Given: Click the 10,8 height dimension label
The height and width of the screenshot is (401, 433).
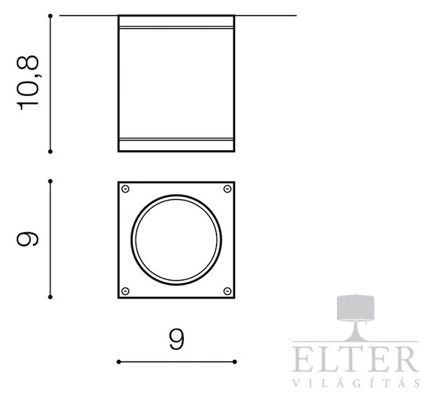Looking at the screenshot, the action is click(28, 83).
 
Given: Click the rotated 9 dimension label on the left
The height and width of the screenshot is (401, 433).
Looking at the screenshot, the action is click(27, 239).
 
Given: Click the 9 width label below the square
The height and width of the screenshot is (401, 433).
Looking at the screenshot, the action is click(176, 340).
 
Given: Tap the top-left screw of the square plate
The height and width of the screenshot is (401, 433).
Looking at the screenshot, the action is click(126, 189).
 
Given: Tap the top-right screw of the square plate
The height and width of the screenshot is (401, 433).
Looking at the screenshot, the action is click(227, 189).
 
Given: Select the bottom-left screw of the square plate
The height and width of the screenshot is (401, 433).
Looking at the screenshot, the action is click(126, 291).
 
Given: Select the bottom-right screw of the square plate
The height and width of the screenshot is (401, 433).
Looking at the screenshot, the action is click(227, 291).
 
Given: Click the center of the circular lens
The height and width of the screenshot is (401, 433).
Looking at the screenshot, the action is click(176, 240).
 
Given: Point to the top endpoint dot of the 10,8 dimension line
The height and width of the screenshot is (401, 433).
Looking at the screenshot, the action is click(51, 16).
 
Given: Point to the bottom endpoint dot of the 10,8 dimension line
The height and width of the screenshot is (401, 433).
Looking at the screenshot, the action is click(51, 151).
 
